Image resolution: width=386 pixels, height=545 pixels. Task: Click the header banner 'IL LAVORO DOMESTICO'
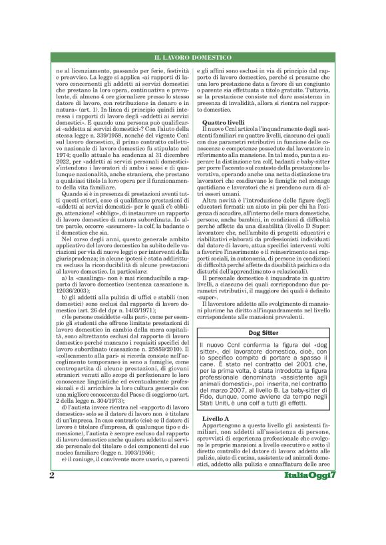tap(193, 59)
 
